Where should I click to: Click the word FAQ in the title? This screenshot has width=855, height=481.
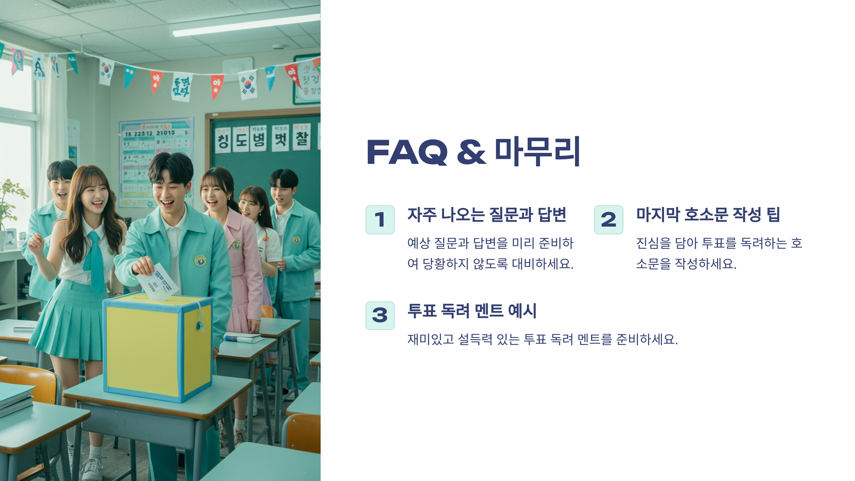pos(407,152)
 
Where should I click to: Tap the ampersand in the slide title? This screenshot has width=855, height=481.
pos(471,152)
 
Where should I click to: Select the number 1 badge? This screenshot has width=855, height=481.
pos(380,219)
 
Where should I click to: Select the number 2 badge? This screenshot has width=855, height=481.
pos(608,219)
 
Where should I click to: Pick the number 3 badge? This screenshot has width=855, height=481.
pos(380,316)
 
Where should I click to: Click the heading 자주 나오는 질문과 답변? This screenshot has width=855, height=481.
pos(487,215)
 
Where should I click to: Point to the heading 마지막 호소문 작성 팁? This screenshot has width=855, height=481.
pos(708,215)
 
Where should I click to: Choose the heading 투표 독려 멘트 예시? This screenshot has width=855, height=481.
pos(472,311)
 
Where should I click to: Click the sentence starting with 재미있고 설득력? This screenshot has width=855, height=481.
pos(543,339)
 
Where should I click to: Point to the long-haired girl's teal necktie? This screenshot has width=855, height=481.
pos(94,260)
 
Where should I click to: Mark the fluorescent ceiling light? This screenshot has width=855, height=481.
pos(246,25)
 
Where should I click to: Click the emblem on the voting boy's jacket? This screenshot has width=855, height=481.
pos(200,260)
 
